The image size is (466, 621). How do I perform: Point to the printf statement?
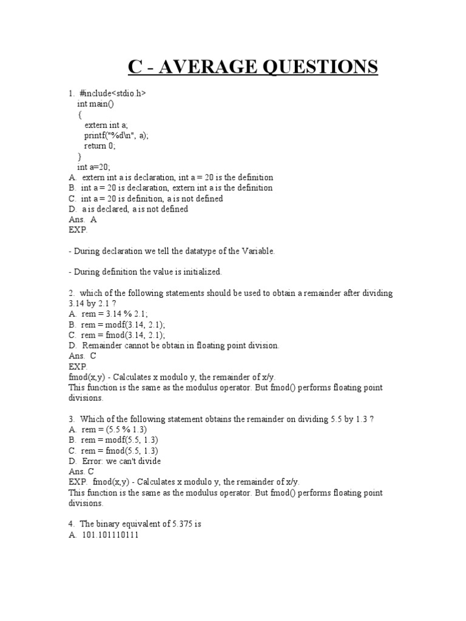(x=116, y=135)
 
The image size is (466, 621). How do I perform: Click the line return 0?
(x=100, y=146)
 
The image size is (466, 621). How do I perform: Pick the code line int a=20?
(x=94, y=167)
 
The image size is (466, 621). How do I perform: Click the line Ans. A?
(x=83, y=220)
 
